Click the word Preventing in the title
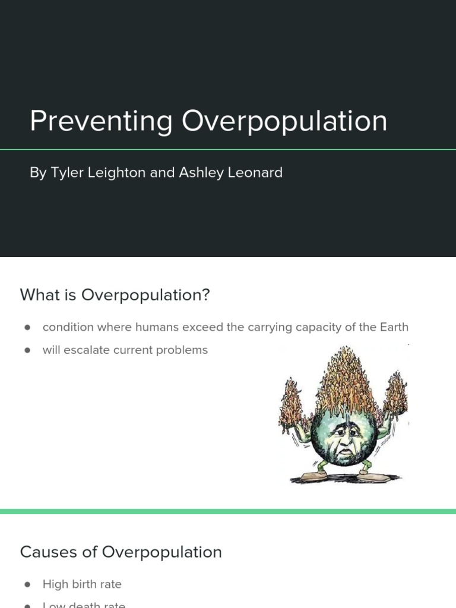coord(101,121)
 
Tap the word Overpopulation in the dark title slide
coord(284,121)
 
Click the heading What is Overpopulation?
coord(115,294)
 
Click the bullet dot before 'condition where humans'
coord(27,328)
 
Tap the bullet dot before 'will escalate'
coord(27,350)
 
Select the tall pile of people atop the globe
coord(342,380)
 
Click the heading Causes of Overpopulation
coord(121,552)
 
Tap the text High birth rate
coord(82,584)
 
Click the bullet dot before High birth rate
coord(27,585)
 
